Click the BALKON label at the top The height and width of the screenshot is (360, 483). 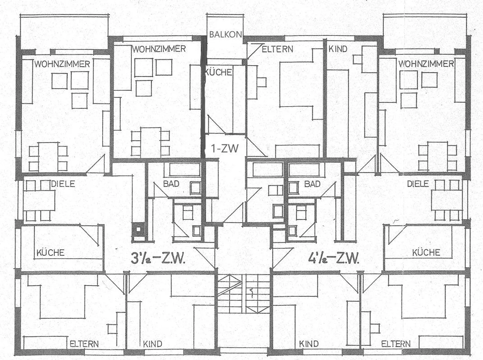pos(225,35)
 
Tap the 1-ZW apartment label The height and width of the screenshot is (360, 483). pos(225,148)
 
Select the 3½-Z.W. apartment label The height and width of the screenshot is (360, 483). pos(158,258)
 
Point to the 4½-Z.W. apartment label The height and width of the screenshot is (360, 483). pos(334,258)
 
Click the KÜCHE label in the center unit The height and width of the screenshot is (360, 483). pos(218,72)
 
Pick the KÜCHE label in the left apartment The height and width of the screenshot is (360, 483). pos(50,253)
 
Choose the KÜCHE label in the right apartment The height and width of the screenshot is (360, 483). pos(426,252)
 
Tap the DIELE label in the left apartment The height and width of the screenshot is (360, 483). pos(63,184)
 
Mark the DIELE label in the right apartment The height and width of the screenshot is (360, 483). pos(418,184)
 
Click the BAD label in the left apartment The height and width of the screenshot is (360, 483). pos(171,184)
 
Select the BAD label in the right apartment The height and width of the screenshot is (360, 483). pos(312,184)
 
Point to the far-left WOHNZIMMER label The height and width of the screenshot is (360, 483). pos(62,64)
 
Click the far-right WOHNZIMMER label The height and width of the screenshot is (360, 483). pos(426,64)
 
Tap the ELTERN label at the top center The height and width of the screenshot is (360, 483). pos(277,49)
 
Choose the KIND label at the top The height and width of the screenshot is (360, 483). pos(338,49)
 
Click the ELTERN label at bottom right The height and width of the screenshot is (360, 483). pos(396,344)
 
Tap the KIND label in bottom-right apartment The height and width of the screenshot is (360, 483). pos(309,344)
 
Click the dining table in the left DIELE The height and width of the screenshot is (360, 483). pos(39,200)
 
